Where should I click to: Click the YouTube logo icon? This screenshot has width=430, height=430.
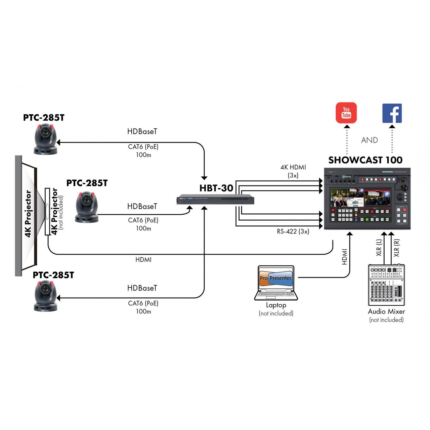pos(346,113)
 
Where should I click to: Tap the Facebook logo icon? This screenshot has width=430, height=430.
pos(392,113)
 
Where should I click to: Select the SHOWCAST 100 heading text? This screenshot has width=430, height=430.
pos(365,160)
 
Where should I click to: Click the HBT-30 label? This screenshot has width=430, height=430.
pos(216,188)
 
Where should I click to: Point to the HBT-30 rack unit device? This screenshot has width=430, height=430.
pos(215,200)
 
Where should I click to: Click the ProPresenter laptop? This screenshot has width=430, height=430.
pos(276,283)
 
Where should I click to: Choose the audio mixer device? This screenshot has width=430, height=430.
pos(386,285)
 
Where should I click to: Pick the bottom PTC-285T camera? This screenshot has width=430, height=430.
pos(45,296)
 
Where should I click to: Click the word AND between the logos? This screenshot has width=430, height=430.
pos(370,140)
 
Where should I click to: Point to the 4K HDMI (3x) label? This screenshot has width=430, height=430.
pos(293,171)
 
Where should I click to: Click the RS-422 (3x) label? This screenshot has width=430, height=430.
pos(293,231)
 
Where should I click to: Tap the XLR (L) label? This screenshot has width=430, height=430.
pos(379,248)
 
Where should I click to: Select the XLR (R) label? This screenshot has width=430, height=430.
pos(397,248)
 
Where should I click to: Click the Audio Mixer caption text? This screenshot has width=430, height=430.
pos(386,311)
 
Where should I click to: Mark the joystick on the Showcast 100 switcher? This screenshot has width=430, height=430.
pos(403,185)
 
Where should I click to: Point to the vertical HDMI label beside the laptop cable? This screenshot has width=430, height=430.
pos(344,257)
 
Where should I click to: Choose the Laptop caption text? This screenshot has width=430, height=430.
pos(276,305)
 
